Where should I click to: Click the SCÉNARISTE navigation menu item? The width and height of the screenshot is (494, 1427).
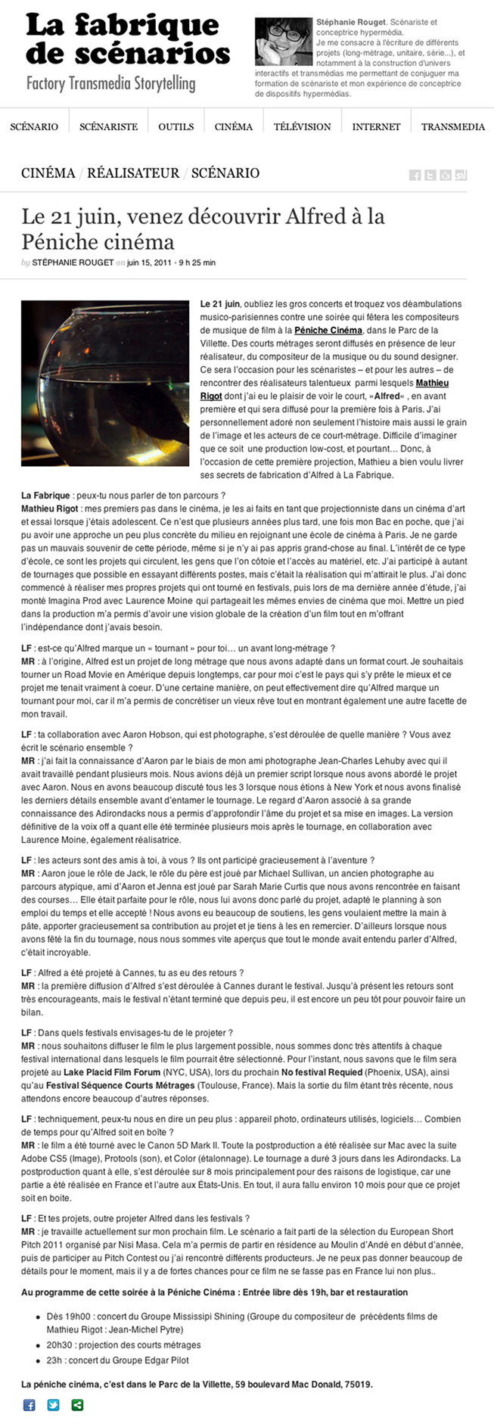(108, 127)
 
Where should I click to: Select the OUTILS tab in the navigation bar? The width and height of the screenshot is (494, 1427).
(176, 127)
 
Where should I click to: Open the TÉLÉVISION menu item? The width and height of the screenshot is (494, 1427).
(302, 127)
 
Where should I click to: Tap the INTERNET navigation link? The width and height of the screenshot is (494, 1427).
(376, 127)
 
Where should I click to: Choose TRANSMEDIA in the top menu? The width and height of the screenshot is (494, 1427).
(452, 127)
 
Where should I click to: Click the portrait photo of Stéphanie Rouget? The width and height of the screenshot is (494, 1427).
(284, 42)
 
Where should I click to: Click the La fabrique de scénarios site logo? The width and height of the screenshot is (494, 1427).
(127, 39)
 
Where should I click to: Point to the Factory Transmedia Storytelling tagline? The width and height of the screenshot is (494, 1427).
(110, 84)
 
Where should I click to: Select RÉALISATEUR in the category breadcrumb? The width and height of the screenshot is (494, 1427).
(133, 173)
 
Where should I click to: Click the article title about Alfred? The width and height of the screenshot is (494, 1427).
(203, 229)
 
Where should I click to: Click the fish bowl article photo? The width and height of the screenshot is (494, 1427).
(105, 383)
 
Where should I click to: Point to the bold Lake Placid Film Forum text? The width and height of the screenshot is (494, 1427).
(112, 1073)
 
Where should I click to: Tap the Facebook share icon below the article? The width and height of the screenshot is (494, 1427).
(30, 1405)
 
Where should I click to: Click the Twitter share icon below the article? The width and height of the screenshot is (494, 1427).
(54, 1405)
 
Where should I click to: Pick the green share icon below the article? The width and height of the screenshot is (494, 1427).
(77, 1405)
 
